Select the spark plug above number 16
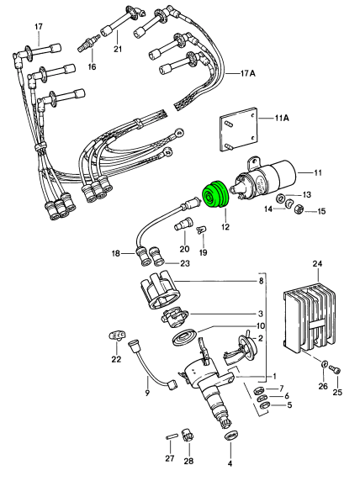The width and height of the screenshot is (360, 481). coord(88,44)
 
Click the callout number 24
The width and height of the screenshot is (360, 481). coord(317,263)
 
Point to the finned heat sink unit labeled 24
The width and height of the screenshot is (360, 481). coord(310,318)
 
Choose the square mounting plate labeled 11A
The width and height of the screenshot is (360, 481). coord(238,129)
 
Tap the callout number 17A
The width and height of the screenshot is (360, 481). coord(247,74)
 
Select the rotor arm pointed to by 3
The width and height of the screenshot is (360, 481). coord(175,316)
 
